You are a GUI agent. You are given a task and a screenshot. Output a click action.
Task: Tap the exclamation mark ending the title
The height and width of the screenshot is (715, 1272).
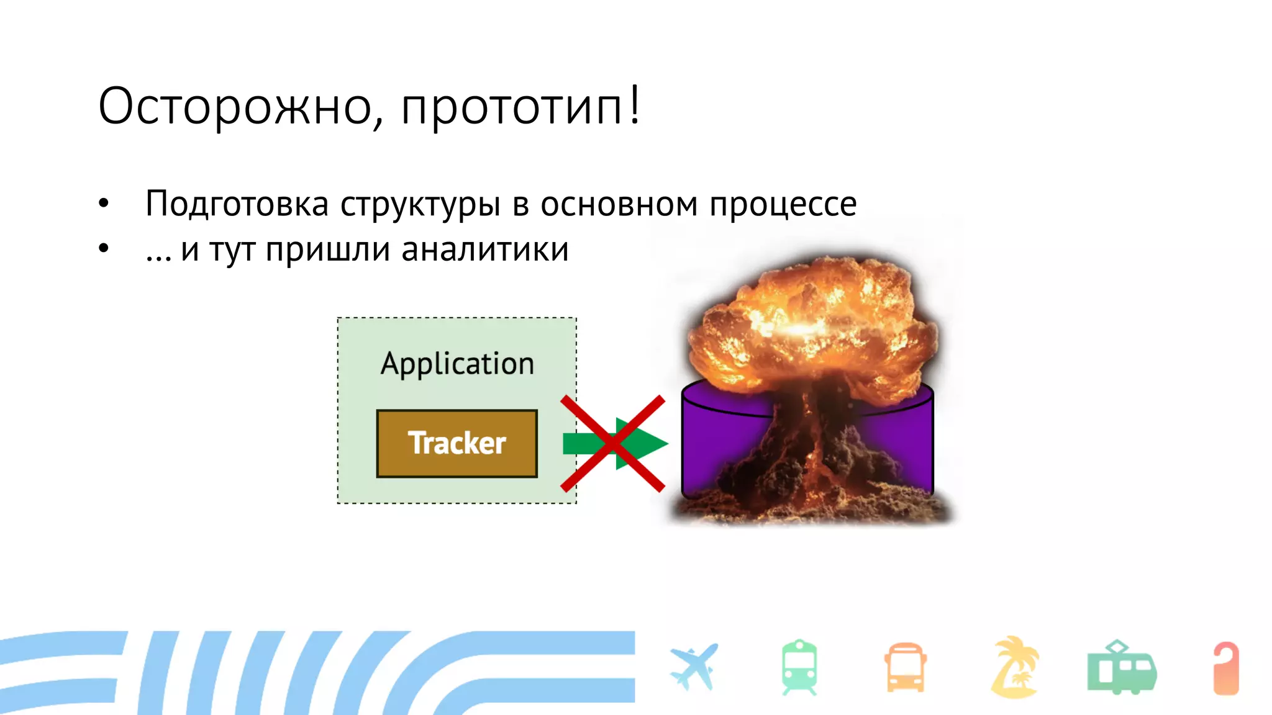click(x=634, y=104)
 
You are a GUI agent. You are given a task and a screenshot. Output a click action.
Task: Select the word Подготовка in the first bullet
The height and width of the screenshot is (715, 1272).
click(x=237, y=204)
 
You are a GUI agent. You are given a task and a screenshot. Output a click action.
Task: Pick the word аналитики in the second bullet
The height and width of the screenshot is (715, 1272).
click(x=484, y=250)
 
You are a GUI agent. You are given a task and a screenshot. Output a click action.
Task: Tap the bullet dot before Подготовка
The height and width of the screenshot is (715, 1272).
click(x=104, y=203)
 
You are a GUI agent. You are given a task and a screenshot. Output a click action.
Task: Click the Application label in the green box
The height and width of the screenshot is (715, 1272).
click(x=457, y=364)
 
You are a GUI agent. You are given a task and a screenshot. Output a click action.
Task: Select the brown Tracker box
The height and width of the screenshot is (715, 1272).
click(x=457, y=443)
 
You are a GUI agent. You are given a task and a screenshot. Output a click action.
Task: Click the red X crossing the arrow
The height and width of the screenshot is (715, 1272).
click(x=612, y=443)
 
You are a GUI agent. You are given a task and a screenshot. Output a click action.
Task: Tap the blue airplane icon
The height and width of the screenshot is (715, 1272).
click(x=694, y=667)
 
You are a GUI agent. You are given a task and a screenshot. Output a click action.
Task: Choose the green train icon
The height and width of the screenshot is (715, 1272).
click(x=799, y=667)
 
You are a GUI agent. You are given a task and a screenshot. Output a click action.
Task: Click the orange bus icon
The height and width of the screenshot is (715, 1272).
click(x=905, y=668)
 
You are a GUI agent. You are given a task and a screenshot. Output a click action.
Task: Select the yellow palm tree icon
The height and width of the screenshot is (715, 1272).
click(x=1014, y=667)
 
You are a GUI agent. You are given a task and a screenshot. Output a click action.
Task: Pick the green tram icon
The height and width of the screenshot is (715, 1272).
click(x=1121, y=668)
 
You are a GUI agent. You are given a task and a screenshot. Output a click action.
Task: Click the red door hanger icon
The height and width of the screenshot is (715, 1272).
click(x=1226, y=668)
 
